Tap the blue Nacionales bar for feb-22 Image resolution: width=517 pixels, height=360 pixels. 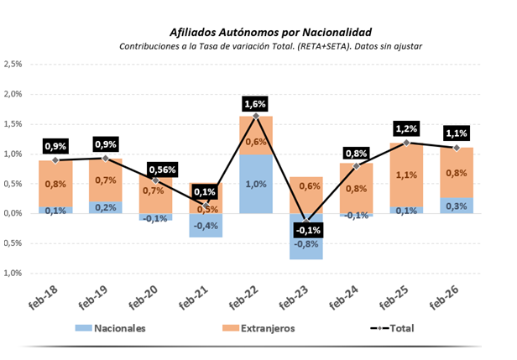click(255, 183)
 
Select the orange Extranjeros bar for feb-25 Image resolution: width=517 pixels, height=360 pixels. click(405, 175)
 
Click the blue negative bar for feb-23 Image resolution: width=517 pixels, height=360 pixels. click(305, 237)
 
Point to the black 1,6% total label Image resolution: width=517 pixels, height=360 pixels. click(255, 104)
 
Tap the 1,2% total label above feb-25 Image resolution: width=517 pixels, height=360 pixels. click(405, 130)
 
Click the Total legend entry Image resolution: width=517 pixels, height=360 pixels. click(394, 327)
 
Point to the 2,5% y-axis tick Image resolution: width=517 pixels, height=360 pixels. click(13, 65)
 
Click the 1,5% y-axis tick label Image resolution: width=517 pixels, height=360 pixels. click(13, 124)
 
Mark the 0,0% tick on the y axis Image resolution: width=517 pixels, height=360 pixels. click(13, 213)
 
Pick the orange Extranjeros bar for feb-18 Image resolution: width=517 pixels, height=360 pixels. click(55, 183)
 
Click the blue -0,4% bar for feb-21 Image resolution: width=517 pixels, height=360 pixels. click(206, 225)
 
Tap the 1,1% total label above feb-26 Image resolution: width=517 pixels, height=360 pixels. click(456, 133)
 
